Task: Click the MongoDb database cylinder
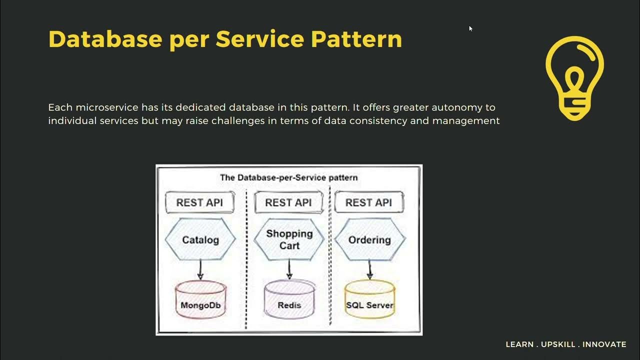tap(200, 300)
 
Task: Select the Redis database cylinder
tap(289, 300)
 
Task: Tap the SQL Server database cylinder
tap(369, 300)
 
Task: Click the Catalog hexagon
tap(200, 240)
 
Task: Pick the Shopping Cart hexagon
tap(289, 239)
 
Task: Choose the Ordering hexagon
tap(369, 240)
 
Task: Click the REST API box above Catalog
tap(199, 202)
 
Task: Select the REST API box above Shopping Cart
tap(288, 202)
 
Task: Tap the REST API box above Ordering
tap(368, 202)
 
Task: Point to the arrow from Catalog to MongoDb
tap(200, 269)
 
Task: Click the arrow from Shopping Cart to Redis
tap(289, 269)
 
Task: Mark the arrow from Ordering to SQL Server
tap(370, 269)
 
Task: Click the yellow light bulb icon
tap(574, 78)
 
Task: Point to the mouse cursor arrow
tap(470, 28)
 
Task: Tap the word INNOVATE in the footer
tap(604, 344)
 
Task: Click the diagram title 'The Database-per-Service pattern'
tap(289, 177)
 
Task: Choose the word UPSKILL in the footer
tap(559, 344)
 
